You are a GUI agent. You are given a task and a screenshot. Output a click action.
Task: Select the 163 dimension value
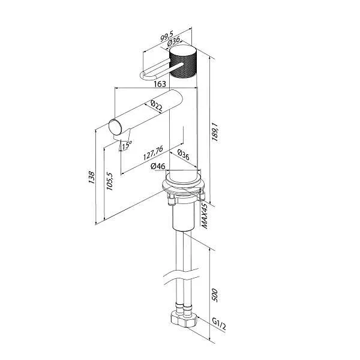[x=160, y=85]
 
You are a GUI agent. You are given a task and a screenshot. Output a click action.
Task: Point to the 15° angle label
[x=125, y=145]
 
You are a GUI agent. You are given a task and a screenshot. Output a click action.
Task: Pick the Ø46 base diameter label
[x=158, y=166]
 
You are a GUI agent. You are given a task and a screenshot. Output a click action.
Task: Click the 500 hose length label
[x=215, y=295]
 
